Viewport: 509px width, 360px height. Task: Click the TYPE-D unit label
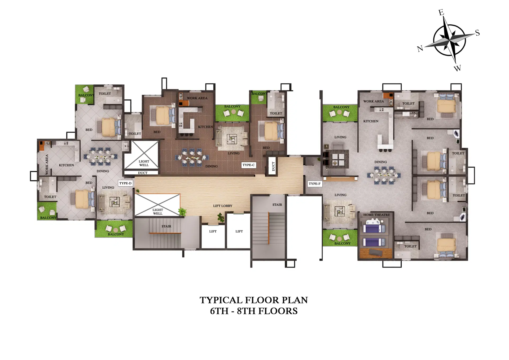125,183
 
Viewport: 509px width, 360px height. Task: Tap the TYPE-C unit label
248,165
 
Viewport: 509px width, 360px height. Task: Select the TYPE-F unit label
314,184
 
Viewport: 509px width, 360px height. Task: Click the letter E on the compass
441,12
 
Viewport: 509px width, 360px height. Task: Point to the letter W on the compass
457,68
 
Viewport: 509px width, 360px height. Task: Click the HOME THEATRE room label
376,215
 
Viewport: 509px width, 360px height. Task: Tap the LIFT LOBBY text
222,206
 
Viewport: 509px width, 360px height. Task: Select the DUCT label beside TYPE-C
273,166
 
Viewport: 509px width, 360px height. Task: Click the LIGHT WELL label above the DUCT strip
144,163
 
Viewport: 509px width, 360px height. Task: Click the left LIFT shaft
213,236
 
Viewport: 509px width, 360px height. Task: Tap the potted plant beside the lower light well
182,211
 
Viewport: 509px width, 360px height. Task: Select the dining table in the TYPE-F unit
384,175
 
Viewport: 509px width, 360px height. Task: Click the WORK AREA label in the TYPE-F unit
373,101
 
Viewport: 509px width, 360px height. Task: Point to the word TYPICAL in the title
221,300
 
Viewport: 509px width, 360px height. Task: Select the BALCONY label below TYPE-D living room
116,234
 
